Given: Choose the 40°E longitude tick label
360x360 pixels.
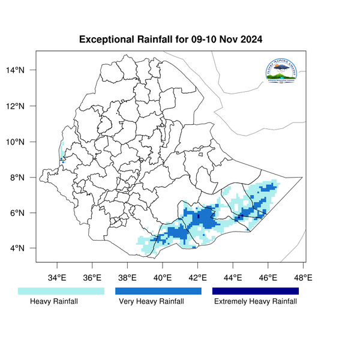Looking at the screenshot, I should [163, 278].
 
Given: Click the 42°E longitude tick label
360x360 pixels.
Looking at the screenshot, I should [198, 278].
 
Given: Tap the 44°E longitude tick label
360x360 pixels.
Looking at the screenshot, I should [233, 278].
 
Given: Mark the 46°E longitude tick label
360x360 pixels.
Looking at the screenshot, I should [268, 278].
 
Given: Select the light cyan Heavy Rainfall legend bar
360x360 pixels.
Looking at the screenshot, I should [61, 291].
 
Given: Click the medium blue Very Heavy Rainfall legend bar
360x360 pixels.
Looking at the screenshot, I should [158, 291].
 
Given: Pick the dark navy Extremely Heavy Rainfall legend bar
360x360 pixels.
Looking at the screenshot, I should [256, 291].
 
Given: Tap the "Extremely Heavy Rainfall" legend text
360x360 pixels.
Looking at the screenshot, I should [256, 302].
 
